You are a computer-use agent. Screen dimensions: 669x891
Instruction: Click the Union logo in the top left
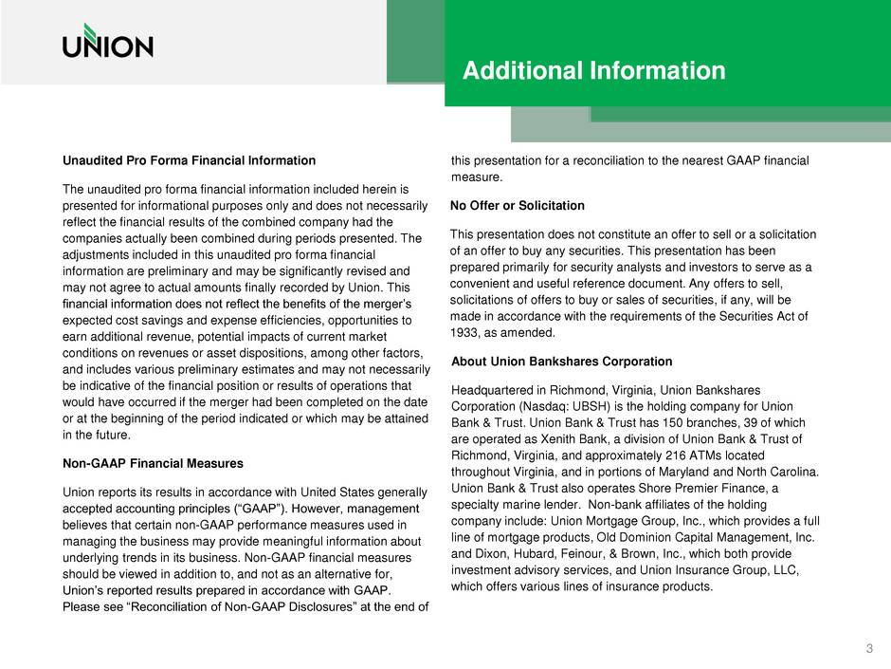click(107, 42)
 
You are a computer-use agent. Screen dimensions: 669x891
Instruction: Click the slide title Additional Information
click(593, 70)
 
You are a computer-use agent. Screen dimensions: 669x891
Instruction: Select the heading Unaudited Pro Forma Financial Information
click(189, 160)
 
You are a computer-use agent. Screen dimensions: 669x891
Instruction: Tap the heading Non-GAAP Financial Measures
click(153, 464)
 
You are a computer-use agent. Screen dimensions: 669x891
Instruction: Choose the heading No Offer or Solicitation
click(518, 206)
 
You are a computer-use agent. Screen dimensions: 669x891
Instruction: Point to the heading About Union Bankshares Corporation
click(562, 362)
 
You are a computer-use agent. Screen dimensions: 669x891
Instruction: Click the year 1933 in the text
click(465, 334)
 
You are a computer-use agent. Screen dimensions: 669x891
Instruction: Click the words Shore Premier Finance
click(685, 489)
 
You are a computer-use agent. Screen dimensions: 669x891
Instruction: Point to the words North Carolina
click(771, 472)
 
